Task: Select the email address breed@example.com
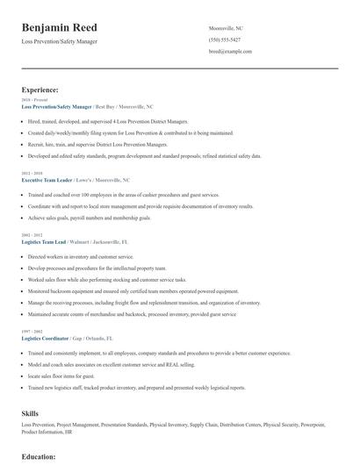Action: pos(230,52)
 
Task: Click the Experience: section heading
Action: pos(40,89)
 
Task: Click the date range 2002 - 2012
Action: pos(32,235)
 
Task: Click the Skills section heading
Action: pos(32,411)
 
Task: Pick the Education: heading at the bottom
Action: pos(39,457)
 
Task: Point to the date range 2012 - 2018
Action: pos(32,172)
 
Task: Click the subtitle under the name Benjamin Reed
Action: pos(59,41)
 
